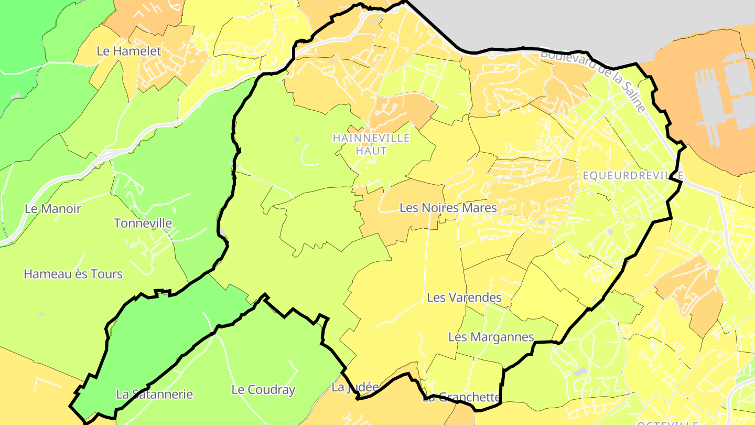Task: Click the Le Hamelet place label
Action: [x=129, y=51]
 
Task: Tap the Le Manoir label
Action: [x=53, y=208]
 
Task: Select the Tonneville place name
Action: [x=143, y=223]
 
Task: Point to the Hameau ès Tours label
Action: [x=73, y=274]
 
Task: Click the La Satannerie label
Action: [x=154, y=394]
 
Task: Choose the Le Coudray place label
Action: [x=263, y=390]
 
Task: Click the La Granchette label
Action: [x=461, y=397]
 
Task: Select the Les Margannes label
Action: [x=491, y=337]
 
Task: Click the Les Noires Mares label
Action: [x=448, y=208]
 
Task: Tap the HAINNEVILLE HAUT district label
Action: [x=371, y=144]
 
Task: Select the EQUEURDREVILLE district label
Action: [x=633, y=176]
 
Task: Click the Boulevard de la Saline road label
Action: [x=592, y=81]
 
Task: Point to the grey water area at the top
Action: [x=551, y=21]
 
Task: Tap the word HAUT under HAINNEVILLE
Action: [x=371, y=151]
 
